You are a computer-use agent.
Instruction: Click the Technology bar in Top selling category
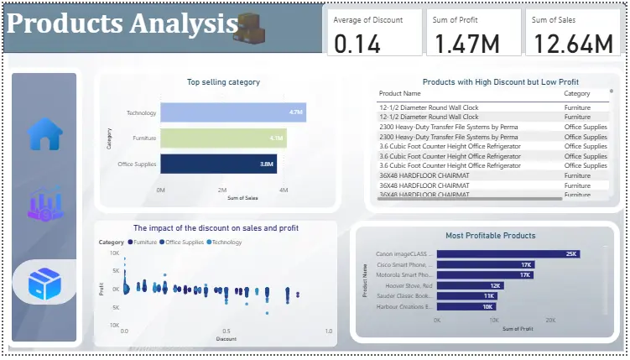click(x=232, y=112)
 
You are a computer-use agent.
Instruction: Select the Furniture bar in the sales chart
click(x=223, y=138)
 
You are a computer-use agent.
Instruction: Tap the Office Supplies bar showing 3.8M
click(x=218, y=164)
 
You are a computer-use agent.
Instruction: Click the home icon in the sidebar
click(x=44, y=134)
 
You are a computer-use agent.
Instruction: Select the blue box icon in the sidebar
click(x=44, y=284)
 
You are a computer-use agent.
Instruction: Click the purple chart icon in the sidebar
click(x=44, y=206)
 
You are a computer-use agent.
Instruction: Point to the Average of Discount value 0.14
click(x=357, y=44)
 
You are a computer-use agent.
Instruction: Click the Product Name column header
click(x=400, y=94)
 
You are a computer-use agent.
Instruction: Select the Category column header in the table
click(x=577, y=94)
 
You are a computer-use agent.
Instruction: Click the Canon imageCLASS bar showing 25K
click(x=508, y=254)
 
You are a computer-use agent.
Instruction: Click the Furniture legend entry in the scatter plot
click(x=143, y=243)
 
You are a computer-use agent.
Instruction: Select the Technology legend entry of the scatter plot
click(x=224, y=243)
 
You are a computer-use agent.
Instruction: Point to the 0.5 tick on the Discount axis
click(x=226, y=331)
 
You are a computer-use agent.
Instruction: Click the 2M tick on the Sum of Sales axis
click(x=222, y=190)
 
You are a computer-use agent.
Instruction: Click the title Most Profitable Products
click(x=490, y=236)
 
